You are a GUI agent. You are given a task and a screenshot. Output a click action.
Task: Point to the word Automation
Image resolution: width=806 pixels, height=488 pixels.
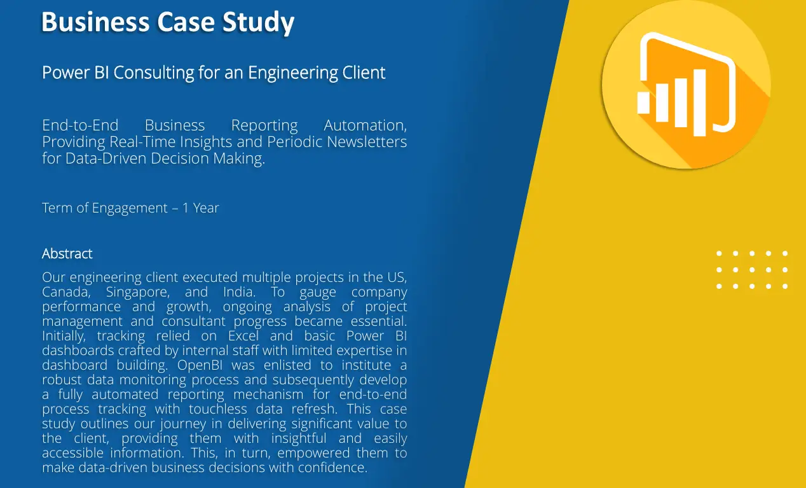pyautogui.click(x=365, y=125)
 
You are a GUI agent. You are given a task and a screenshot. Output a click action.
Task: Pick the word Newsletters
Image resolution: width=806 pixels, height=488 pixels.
pyautogui.click(x=367, y=141)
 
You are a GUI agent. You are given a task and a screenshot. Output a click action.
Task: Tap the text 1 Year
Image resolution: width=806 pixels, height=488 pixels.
pyautogui.click(x=200, y=208)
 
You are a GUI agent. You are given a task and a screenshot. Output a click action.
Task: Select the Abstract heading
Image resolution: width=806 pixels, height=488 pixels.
pyautogui.click(x=67, y=254)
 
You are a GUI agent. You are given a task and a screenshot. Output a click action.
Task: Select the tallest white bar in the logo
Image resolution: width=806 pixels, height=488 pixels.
pyautogui.click(x=699, y=102)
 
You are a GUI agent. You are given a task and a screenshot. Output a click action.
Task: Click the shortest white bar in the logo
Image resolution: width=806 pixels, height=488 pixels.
pyautogui.click(x=644, y=102)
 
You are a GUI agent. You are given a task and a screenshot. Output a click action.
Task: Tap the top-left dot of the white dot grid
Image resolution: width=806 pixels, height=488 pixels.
pyautogui.click(x=719, y=253)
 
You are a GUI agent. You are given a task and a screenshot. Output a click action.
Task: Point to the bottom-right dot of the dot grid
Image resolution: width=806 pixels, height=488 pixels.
pyautogui.click(x=785, y=286)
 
